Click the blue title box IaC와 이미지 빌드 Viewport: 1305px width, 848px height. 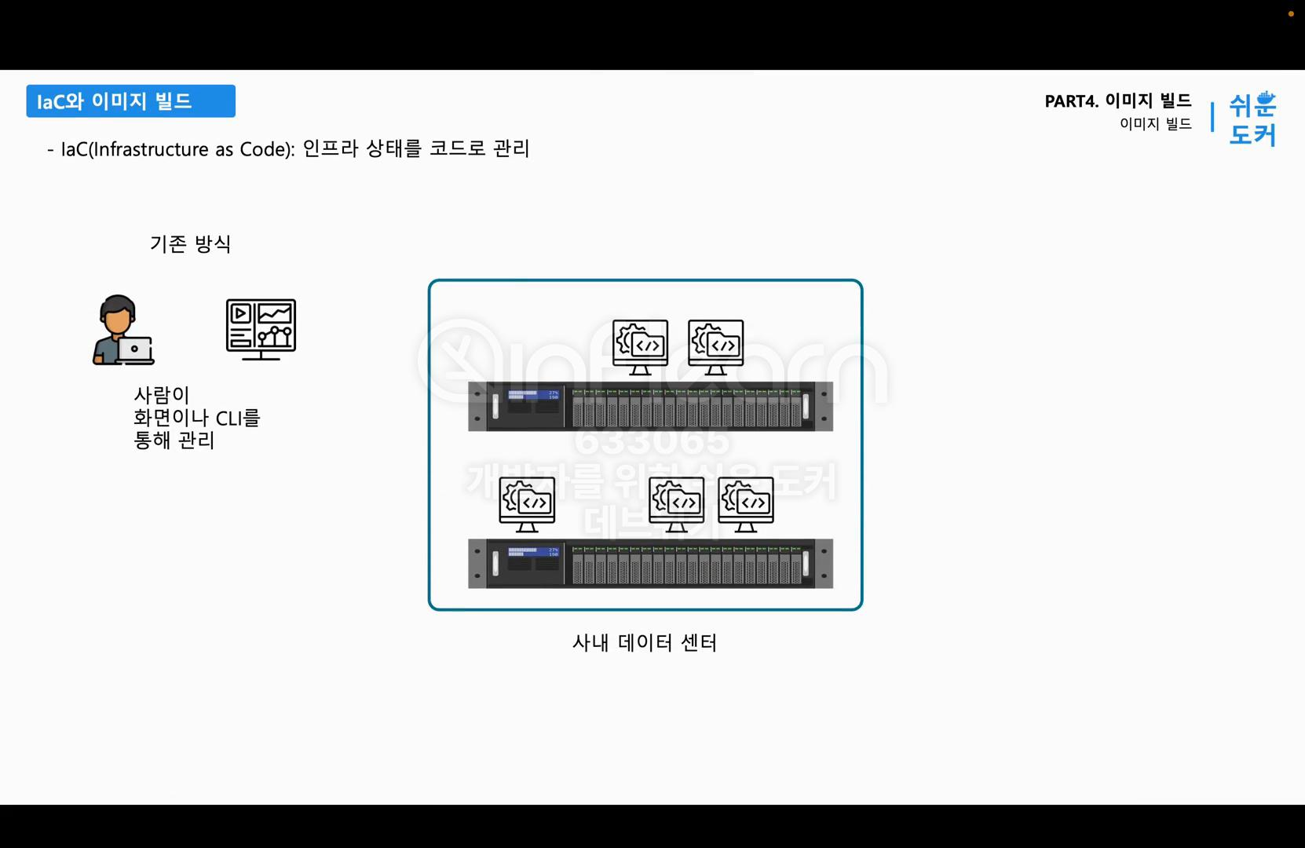[x=130, y=101]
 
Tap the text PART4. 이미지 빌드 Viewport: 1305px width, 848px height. [x=1117, y=101]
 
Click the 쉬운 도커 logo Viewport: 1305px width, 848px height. [x=1252, y=119]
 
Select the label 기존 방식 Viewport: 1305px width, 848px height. [x=190, y=244]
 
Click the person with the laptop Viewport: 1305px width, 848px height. [x=122, y=330]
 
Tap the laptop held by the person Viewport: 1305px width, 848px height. [x=135, y=350]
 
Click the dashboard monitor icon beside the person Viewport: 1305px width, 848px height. [x=261, y=329]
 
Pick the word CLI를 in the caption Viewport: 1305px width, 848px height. [x=237, y=418]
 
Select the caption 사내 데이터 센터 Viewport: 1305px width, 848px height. [x=644, y=643]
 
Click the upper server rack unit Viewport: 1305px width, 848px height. [x=650, y=407]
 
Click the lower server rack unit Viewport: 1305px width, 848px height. [x=650, y=564]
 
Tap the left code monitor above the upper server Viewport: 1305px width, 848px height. [x=640, y=346]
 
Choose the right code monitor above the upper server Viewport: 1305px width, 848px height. [x=715, y=346]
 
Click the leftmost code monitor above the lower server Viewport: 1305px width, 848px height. [x=527, y=503]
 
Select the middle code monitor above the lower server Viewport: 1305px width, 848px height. [x=676, y=503]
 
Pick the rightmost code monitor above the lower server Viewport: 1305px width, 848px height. [x=745, y=503]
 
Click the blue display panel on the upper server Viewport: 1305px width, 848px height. [x=532, y=395]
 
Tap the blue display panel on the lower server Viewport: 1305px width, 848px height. [x=532, y=552]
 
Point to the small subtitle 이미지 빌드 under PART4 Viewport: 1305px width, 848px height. [x=1155, y=124]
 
